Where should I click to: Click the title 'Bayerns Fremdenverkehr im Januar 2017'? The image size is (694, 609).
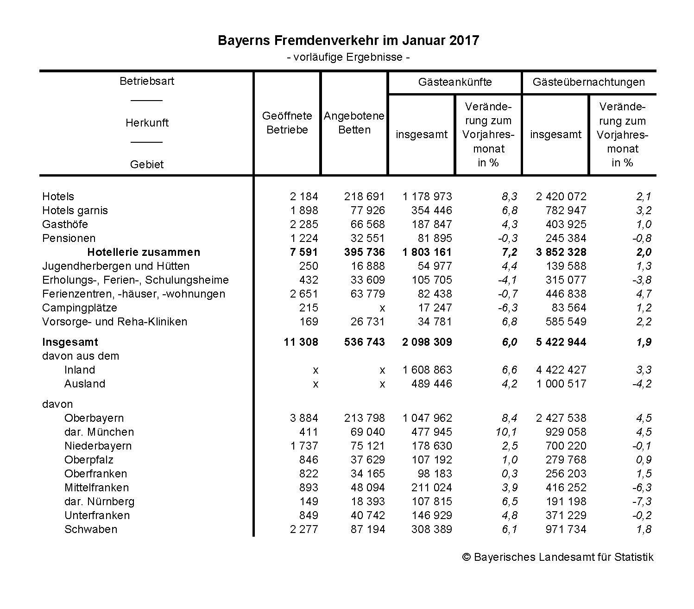(x=348, y=41)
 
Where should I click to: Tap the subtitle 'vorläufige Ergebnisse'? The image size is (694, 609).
(x=348, y=57)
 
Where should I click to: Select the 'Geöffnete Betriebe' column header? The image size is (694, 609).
(x=287, y=123)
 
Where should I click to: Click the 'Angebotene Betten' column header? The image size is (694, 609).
(x=354, y=123)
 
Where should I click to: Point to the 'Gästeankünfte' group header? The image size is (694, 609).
(x=454, y=82)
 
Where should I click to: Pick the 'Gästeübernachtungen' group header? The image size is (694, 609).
(x=588, y=82)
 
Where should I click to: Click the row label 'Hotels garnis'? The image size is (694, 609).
(x=75, y=210)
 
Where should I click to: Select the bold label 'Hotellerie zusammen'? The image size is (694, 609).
(x=144, y=252)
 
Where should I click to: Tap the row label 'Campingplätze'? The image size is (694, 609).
(x=80, y=308)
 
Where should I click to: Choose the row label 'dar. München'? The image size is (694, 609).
(x=99, y=432)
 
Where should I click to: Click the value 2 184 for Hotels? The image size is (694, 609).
(x=304, y=197)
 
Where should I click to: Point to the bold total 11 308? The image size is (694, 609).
(x=301, y=342)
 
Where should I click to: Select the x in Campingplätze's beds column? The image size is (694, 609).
(x=382, y=308)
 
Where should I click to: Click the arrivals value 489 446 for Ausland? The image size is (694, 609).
(x=431, y=384)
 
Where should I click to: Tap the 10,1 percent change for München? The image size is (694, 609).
(x=509, y=432)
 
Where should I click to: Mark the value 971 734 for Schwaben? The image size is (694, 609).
(x=566, y=529)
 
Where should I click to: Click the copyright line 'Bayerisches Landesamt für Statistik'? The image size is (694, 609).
(x=558, y=557)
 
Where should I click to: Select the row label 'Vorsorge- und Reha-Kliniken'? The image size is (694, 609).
(x=114, y=322)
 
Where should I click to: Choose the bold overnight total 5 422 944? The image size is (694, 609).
(x=561, y=342)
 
